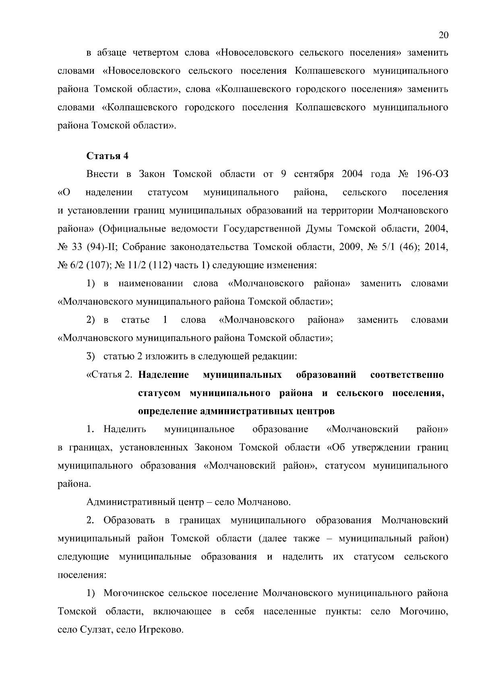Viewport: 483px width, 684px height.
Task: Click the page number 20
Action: [443, 35]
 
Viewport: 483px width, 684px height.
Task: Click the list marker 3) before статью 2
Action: [91, 357]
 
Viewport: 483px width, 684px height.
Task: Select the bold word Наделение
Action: [163, 375]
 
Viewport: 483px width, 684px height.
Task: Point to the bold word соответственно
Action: [407, 375]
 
